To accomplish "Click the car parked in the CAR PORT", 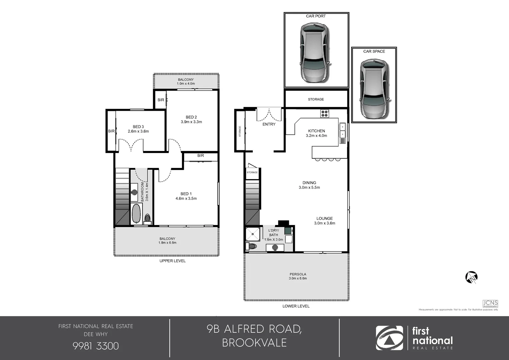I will [315, 53].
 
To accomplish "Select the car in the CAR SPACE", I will [374, 89].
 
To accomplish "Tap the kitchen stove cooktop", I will [324, 114].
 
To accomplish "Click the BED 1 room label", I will [186, 194].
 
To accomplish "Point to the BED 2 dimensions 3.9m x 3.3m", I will [191, 122].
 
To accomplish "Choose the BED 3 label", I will [138, 127].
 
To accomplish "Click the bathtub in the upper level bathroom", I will [136, 213].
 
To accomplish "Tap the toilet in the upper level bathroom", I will [147, 219].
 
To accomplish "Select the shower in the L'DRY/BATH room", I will [253, 234].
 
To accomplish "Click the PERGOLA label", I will [298, 274].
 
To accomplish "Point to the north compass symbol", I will [471, 277].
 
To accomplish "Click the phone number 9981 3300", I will [96, 346].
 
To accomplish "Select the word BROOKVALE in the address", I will [254, 343].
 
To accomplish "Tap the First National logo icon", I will [389, 338].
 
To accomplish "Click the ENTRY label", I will [269, 124].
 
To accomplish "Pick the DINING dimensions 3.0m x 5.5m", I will [309, 188].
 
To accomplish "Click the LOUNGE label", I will [324, 218].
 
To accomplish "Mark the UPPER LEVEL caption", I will [172, 261].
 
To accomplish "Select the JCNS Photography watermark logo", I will [490, 304].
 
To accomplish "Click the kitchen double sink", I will [342, 130].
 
